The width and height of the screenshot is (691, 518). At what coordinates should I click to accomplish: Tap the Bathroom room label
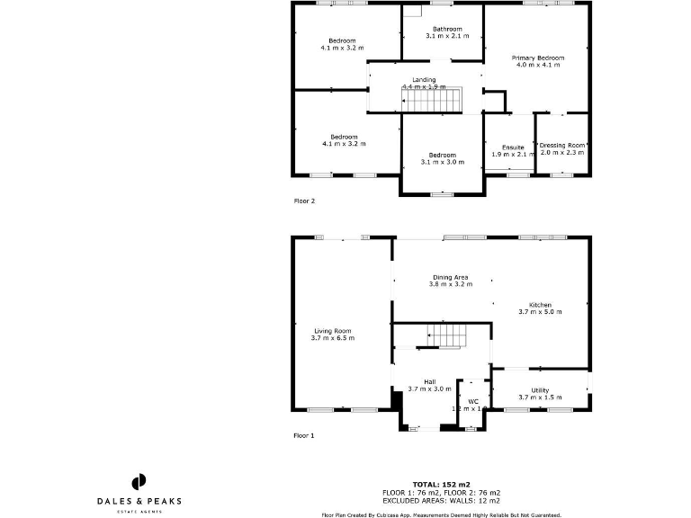(x=447, y=30)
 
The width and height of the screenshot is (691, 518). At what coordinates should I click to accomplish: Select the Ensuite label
(x=513, y=147)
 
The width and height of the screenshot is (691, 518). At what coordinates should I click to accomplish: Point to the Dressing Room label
(x=562, y=145)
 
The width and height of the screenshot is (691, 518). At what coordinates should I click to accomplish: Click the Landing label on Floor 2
(x=424, y=80)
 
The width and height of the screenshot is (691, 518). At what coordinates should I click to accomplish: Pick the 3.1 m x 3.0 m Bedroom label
(x=442, y=155)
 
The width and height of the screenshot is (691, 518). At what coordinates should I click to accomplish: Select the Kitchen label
(x=540, y=305)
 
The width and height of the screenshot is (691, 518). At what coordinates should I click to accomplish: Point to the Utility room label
(x=540, y=390)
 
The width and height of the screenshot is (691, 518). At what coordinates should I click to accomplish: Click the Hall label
(x=429, y=381)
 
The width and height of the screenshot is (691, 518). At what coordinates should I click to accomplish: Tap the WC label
(x=473, y=401)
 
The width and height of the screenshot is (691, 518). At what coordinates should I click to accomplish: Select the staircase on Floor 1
(x=446, y=335)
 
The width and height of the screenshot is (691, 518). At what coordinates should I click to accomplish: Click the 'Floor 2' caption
(x=305, y=201)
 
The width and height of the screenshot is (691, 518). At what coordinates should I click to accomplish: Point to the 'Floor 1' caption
(x=305, y=435)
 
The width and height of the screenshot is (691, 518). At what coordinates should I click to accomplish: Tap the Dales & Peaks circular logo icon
(x=139, y=481)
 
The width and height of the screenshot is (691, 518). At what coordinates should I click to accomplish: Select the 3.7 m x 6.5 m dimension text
(x=332, y=338)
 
